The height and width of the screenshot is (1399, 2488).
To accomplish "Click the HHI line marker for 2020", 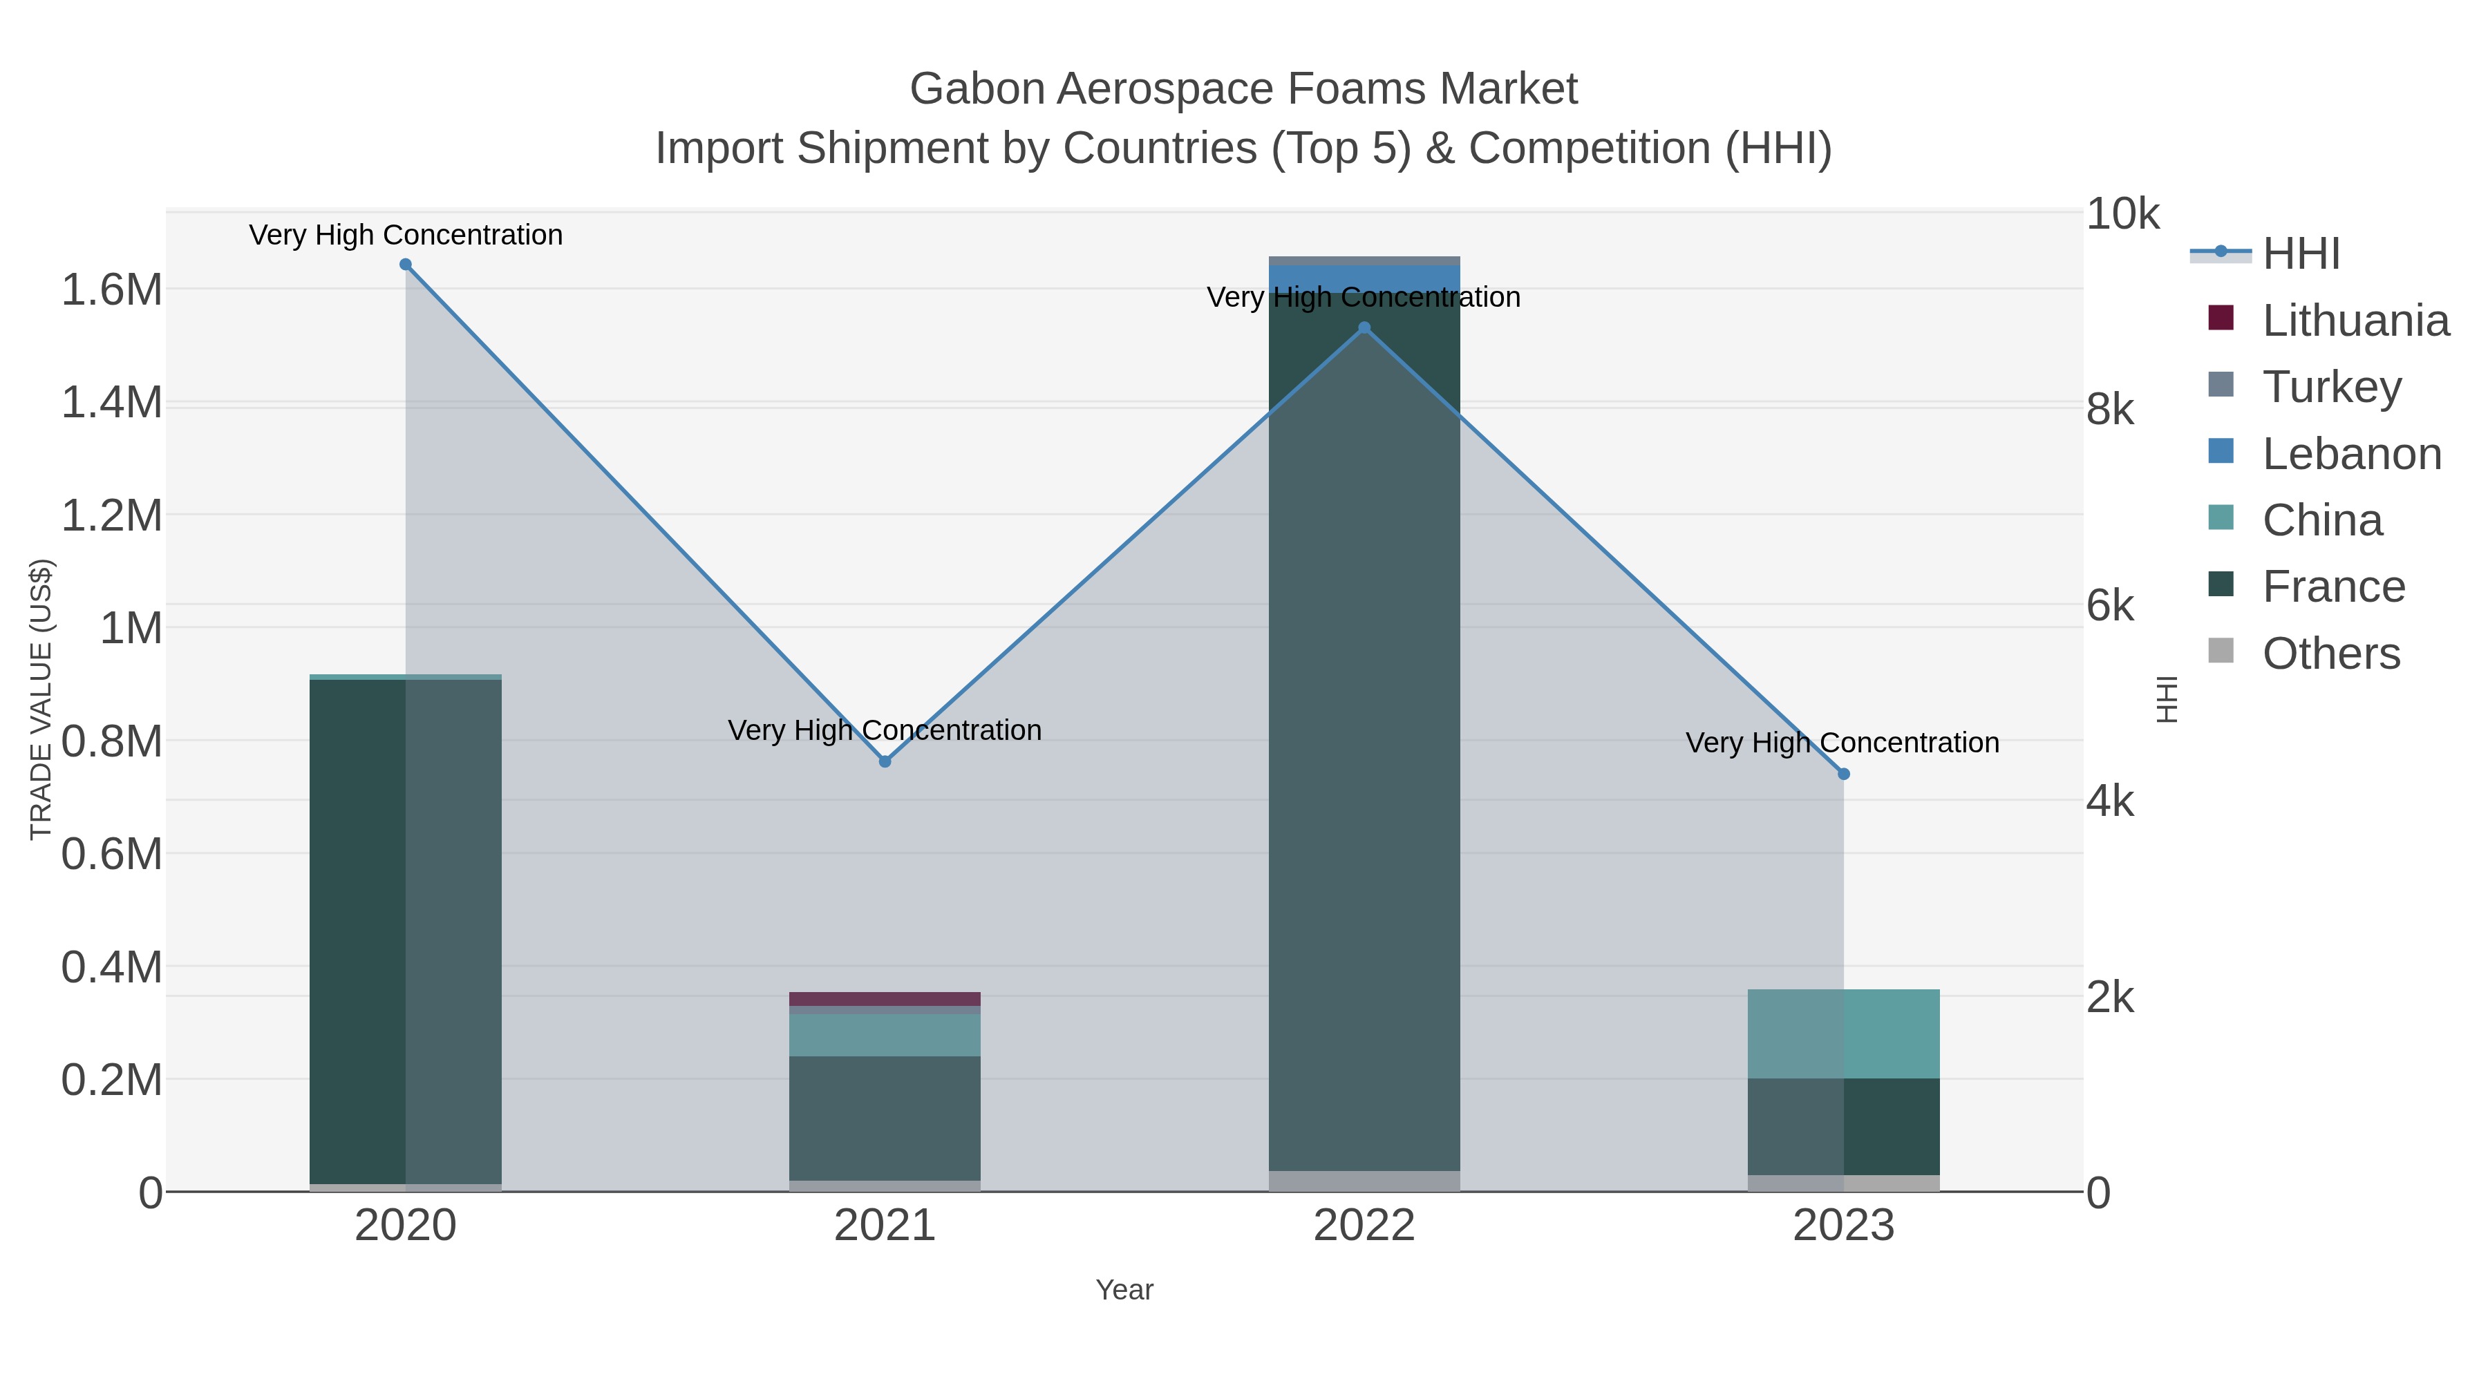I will (x=406, y=265).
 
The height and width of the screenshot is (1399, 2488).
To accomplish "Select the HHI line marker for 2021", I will (x=885, y=762).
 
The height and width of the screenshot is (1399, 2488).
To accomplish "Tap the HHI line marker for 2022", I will (x=1364, y=328).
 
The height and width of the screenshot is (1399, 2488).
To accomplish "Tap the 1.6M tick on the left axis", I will (x=112, y=289).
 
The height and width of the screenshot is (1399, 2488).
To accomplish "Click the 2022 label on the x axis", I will (x=1364, y=1226).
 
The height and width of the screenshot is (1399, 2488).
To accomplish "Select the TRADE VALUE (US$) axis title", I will (x=41, y=700).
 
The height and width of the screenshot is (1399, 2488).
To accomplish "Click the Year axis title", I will (x=1124, y=1290).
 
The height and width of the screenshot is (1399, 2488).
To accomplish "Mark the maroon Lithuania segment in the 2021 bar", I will (x=885, y=999).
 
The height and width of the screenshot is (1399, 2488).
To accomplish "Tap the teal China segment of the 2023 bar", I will (x=1843, y=1033).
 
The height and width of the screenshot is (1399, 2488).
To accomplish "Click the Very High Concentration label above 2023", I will (x=1842, y=743).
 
